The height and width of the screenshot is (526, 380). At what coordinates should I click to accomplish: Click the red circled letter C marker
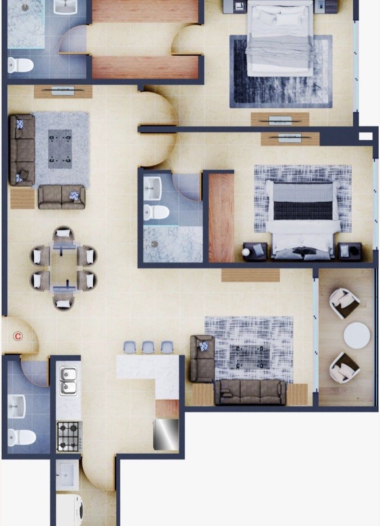pos(18,336)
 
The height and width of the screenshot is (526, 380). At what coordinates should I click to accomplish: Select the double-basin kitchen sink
pos(68,380)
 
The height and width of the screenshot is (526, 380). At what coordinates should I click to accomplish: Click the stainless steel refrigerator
pos(166,434)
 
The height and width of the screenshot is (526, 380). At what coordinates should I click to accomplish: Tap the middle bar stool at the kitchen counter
pos(148,348)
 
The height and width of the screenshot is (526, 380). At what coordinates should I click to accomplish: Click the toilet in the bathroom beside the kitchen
pos(21,438)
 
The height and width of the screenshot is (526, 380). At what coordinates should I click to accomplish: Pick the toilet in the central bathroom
pos(156,212)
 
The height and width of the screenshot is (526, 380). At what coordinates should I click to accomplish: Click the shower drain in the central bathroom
pos(155,244)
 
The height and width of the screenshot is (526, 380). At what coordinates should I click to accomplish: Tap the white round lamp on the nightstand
pos(246,252)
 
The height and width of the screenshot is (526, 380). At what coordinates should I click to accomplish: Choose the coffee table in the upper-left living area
pos(60,149)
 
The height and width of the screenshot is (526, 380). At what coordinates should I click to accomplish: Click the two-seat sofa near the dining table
pos(62,197)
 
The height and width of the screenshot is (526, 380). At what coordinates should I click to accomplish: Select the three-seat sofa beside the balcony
pos(250,392)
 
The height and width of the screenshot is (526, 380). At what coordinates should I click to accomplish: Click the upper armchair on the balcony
pos(345,303)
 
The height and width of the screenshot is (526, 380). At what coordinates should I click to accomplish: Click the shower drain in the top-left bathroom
pos(25,7)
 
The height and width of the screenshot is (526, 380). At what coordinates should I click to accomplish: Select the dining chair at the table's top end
pos(63,233)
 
